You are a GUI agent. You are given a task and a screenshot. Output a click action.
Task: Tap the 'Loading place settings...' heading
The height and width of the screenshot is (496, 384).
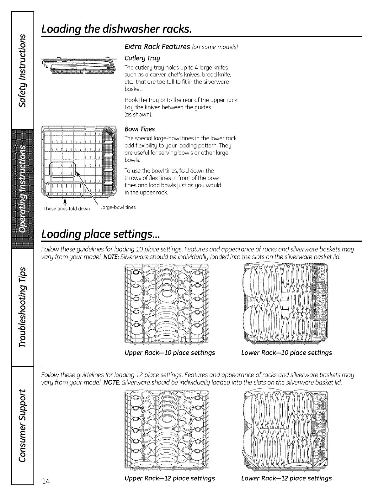coord(101,234)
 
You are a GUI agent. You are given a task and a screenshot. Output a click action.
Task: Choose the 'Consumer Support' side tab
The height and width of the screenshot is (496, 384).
coord(22,424)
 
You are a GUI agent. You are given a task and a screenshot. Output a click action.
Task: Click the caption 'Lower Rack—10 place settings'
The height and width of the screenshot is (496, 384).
coord(286,353)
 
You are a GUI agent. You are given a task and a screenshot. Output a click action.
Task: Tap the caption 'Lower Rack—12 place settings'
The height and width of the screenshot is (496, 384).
coord(286,478)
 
